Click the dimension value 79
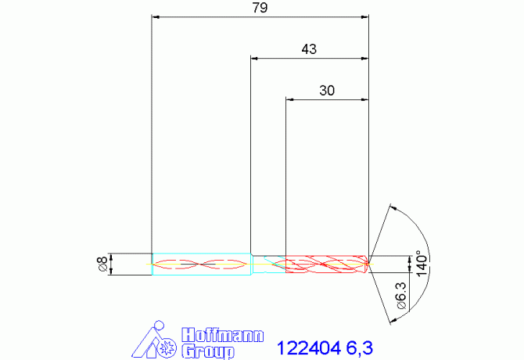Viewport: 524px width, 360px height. pyautogui.click(x=259, y=8)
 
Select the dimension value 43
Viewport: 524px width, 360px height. pyautogui.click(x=309, y=49)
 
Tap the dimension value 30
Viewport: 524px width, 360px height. pyautogui.click(x=327, y=91)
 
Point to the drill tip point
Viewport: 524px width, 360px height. pyautogui.click(x=370, y=264)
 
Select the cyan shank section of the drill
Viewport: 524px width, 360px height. pyautogui.click(x=200, y=264)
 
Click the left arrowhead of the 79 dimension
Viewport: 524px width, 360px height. pyautogui.click(x=155, y=16)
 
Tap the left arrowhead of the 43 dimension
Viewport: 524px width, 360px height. pyautogui.click(x=254, y=58)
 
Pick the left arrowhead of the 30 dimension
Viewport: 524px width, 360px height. pyautogui.click(x=290, y=99)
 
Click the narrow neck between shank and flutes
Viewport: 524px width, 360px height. pyautogui.click(x=268, y=264)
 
